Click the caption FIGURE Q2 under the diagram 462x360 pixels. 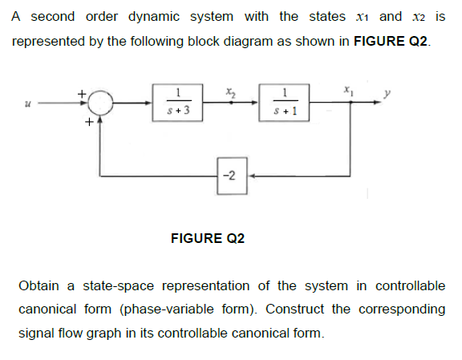pyautogui.click(x=209, y=239)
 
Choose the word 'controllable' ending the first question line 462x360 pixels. pyautogui.click(x=410, y=286)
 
